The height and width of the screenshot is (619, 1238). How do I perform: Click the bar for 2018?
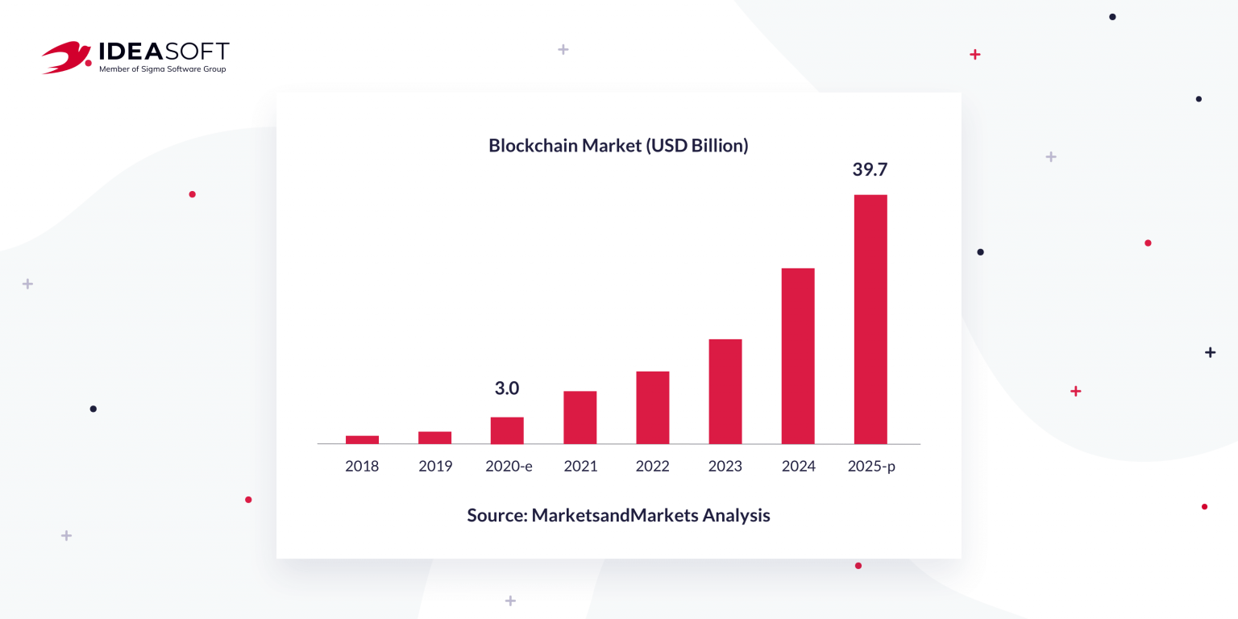(362, 439)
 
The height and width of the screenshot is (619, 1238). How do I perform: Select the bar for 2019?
(434, 438)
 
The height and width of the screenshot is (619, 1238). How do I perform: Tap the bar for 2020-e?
(507, 430)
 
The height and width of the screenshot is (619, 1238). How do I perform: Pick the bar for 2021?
(580, 418)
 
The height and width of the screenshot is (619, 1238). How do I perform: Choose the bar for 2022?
(652, 407)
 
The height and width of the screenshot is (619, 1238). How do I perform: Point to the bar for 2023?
(725, 391)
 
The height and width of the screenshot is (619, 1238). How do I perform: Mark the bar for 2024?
(798, 355)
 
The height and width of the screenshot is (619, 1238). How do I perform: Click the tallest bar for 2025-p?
(870, 319)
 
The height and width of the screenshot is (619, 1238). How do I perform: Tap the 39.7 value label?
(870, 170)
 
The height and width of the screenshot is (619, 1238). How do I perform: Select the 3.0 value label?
(507, 388)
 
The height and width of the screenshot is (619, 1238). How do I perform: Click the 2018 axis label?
(362, 466)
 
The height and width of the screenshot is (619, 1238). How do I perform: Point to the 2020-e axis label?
(509, 466)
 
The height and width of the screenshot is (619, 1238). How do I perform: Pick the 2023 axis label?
(725, 466)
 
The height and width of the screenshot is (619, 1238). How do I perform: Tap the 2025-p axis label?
(871, 466)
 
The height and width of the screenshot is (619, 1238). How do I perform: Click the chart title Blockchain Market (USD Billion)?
(618, 146)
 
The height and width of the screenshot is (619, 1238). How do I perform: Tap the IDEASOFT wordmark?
(164, 52)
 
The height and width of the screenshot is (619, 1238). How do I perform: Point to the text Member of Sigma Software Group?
(162, 69)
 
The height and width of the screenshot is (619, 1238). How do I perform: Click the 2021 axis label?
(580, 466)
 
